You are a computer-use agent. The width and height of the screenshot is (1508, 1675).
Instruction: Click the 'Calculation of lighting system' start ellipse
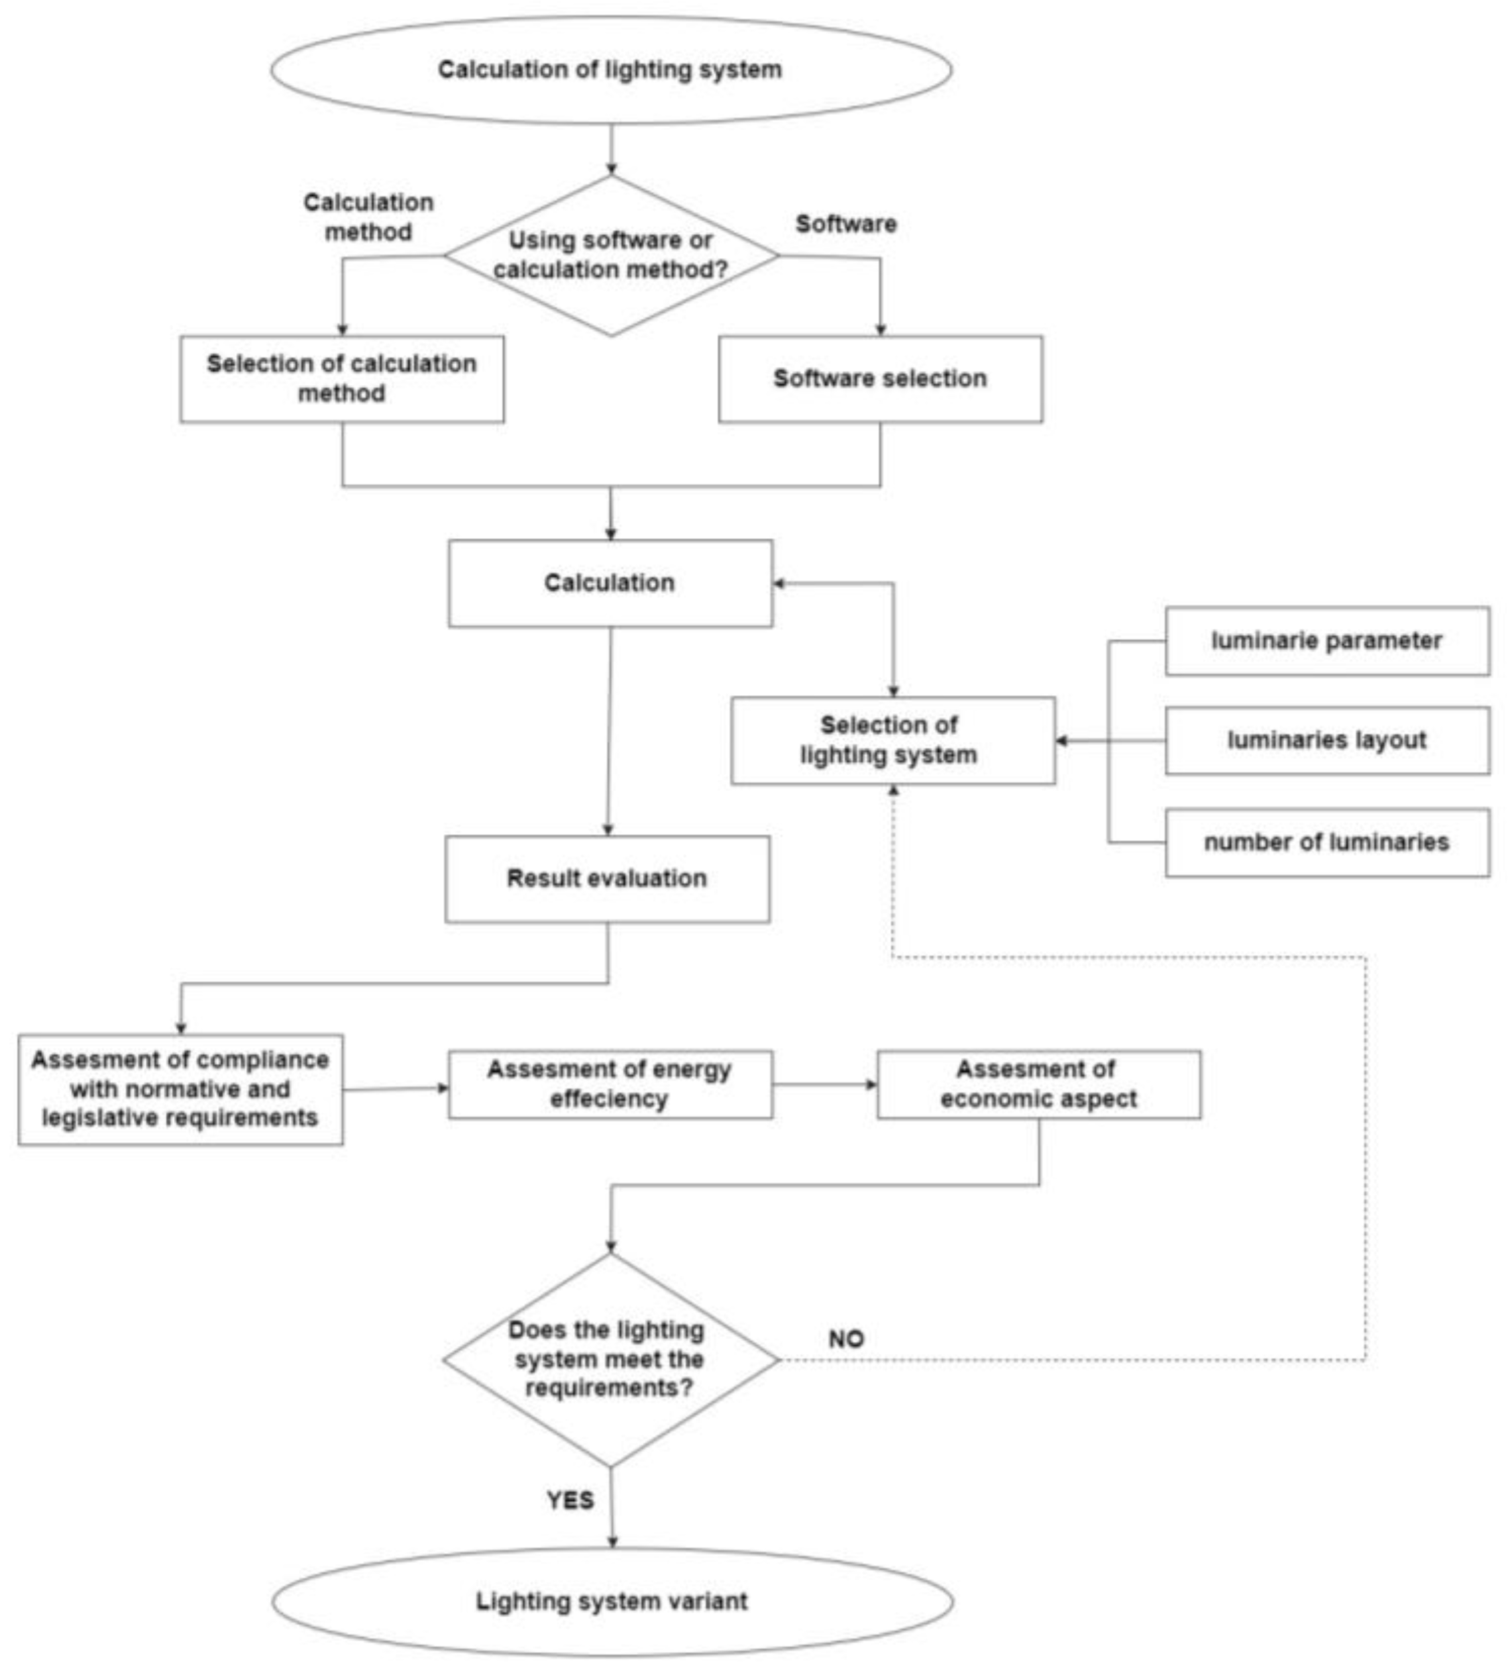click(x=610, y=70)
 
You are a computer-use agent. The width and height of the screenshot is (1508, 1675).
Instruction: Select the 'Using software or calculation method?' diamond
click(x=610, y=255)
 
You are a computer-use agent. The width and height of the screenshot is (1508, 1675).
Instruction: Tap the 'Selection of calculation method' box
click(x=341, y=378)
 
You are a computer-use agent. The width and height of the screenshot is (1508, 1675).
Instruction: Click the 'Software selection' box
click(x=880, y=378)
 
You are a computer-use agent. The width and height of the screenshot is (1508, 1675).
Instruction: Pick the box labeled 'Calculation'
click(x=610, y=583)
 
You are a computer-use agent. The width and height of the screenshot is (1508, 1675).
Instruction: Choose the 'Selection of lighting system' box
click(x=892, y=740)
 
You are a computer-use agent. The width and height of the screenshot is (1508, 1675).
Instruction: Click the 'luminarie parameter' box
click(x=1326, y=641)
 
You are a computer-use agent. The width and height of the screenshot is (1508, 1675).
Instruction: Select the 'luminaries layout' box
click(x=1326, y=740)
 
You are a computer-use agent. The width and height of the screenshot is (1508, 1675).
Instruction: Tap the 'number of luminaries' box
click(x=1326, y=842)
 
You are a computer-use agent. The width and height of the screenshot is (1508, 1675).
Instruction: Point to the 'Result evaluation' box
click(x=606, y=878)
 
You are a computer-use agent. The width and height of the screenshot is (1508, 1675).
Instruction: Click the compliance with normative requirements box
click(x=180, y=1089)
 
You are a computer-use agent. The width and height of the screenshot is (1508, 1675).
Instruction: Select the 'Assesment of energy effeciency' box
click(x=610, y=1084)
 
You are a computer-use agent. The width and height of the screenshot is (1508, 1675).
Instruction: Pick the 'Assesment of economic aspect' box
click(x=1038, y=1084)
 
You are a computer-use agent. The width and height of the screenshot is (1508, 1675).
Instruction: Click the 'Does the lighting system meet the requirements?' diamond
click(x=610, y=1359)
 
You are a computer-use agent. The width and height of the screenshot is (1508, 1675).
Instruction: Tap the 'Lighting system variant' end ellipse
click(x=612, y=1601)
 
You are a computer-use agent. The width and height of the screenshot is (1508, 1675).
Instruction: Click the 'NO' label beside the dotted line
click(x=846, y=1339)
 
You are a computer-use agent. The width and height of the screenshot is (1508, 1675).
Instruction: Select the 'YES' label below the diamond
click(x=570, y=1500)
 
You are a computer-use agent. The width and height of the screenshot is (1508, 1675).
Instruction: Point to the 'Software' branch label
click(x=846, y=223)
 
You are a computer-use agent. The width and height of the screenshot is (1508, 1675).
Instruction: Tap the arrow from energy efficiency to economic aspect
click(x=824, y=1084)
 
